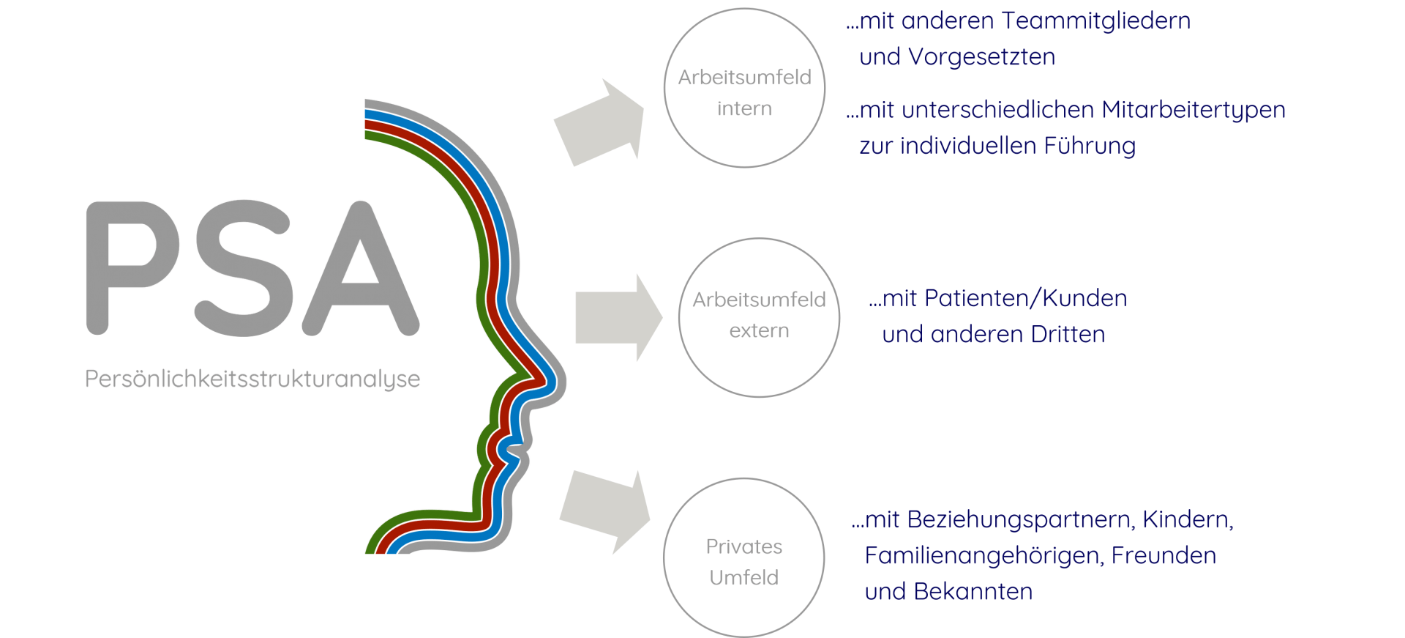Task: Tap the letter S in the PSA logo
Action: pyautogui.click(x=244, y=267)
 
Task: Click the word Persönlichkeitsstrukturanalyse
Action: pyautogui.click(x=252, y=379)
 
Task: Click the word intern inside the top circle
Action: pyautogui.click(x=744, y=108)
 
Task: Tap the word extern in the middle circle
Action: pyautogui.click(x=759, y=330)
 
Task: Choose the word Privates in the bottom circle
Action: pyautogui.click(x=743, y=546)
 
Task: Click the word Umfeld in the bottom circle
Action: pyautogui.click(x=743, y=577)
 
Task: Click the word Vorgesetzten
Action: pyautogui.click(x=981, y=57)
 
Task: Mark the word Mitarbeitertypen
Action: pyautogui.click(x=1193, y=110)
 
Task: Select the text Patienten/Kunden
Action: pyautogui.click(x=1025, y=298)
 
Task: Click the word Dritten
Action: pyautogui.click(x=1068, y=334)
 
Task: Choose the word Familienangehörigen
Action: pyautogui.click(x=983, y=555)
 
